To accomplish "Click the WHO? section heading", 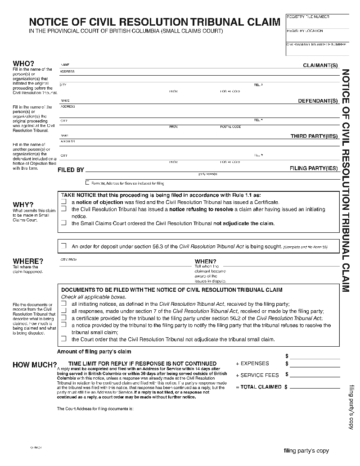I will tap(23, 64).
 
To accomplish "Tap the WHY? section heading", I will tap(23, 205).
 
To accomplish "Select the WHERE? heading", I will tap(28, 261).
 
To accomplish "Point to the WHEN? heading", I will tap(205, 262).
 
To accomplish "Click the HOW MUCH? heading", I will tap(35, 365).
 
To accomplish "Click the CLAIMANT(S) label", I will tap(320, 66).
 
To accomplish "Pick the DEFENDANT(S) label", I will tap(318, 101).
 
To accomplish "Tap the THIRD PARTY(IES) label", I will tap(314, 136).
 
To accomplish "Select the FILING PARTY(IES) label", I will tap(314, 168).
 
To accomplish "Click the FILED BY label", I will tap(71, 170).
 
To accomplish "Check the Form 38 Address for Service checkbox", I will tap(87, 183).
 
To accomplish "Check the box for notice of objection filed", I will tap(63, 202).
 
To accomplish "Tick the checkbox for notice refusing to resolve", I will tap(63, 209).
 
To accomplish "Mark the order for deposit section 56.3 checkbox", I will tap(63, 246).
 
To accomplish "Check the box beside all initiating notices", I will tap(63, 304).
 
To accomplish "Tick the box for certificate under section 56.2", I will tap(63, 318).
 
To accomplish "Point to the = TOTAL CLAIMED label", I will tap(259, 387).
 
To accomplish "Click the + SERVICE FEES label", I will tap(257, 375).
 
